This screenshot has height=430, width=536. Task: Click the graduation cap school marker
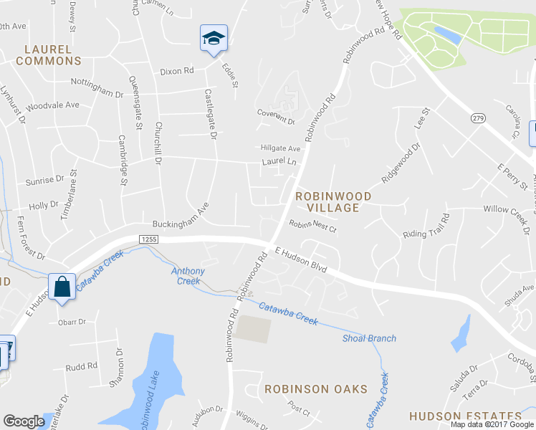214,38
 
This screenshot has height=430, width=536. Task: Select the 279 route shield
478,117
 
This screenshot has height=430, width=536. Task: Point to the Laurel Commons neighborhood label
48,55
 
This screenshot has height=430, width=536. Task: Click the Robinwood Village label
334,201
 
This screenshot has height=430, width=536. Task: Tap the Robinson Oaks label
315,389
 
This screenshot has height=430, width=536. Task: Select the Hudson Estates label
465,416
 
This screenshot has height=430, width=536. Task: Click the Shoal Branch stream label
369,338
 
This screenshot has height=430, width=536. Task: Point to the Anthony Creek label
188,276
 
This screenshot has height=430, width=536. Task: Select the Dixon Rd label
177,71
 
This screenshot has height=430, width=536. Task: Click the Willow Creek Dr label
507,214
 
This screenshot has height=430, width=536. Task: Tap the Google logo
24,421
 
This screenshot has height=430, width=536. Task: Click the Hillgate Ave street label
280,148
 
